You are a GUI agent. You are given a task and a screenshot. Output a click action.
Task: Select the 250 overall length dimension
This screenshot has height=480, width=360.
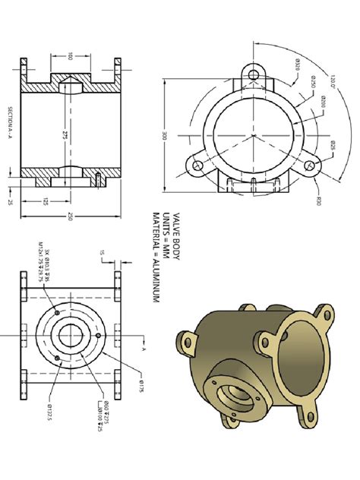(71, 218)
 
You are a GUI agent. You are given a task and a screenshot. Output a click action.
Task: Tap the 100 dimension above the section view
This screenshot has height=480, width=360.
(71, 56)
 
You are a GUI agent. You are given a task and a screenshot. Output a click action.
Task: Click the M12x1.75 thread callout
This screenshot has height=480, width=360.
(39, 263)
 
